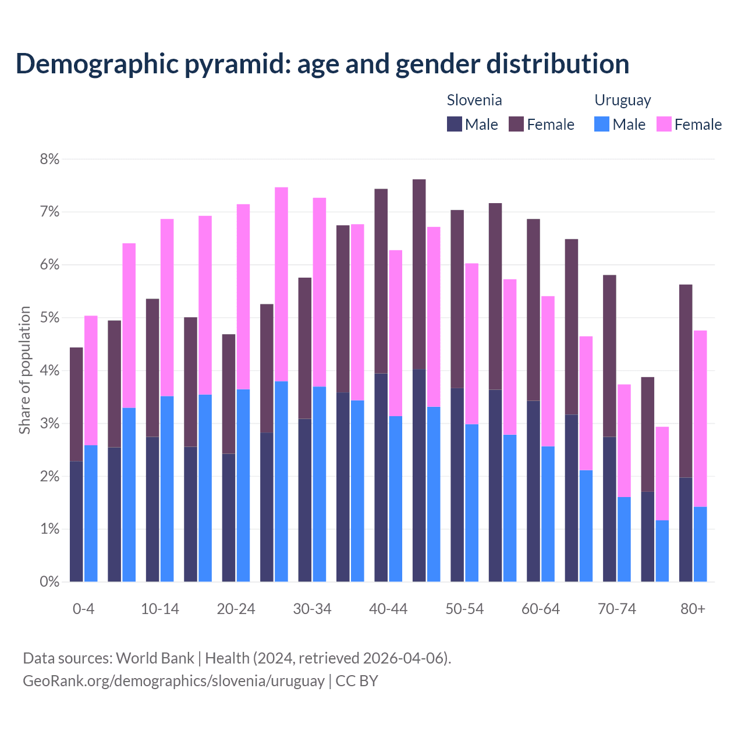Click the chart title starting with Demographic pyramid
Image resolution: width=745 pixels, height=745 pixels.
point(322,64)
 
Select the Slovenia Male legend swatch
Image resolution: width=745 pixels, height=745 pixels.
point(454,124)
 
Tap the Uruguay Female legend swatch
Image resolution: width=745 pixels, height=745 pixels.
point(664,124)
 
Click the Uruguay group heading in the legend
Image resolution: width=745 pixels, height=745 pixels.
point(622,100)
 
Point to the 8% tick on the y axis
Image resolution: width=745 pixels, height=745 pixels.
point(49,159)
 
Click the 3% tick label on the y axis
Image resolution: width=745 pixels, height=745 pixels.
point(49,424)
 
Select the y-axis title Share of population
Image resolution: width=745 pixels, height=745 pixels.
point(24,370)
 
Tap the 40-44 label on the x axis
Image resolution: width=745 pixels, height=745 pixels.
point(388,609)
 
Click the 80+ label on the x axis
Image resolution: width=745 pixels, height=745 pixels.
point(693,609)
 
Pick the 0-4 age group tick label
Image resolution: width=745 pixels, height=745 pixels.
point(83,609)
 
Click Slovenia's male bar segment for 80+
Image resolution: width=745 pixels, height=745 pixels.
point(686,530)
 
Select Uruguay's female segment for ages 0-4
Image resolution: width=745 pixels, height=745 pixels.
point(91,381)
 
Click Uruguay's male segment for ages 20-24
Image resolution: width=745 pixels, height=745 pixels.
point(243,485)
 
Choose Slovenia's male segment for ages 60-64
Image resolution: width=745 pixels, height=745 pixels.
point(533,491)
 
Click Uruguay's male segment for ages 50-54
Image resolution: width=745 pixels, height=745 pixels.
point(471,503)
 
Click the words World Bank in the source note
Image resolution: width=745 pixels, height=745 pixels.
point(155,658)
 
